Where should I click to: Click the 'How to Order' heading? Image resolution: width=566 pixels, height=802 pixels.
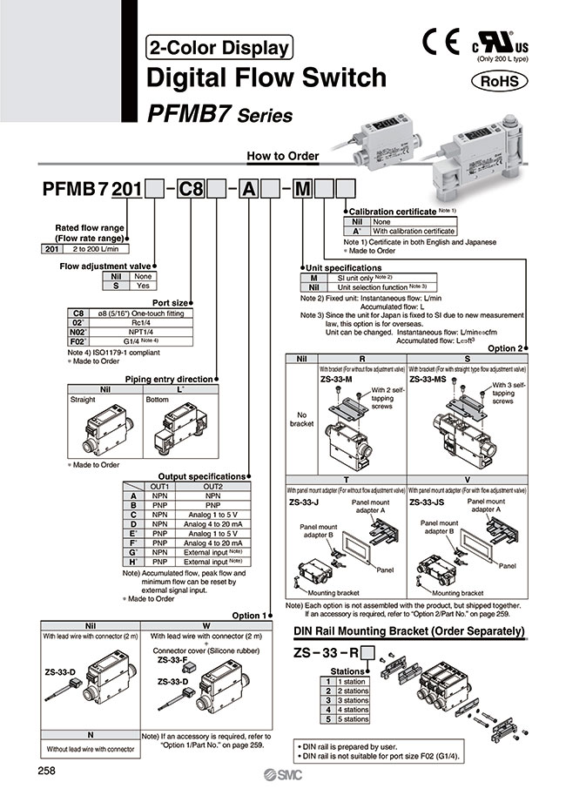(x=283, y=157)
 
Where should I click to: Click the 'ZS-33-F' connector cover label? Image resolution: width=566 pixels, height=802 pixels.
(x=172, y=660)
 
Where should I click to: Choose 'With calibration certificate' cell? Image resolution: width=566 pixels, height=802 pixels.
(x=413, y=231)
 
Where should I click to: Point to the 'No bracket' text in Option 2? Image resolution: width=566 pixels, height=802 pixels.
(x=301, y=419)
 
